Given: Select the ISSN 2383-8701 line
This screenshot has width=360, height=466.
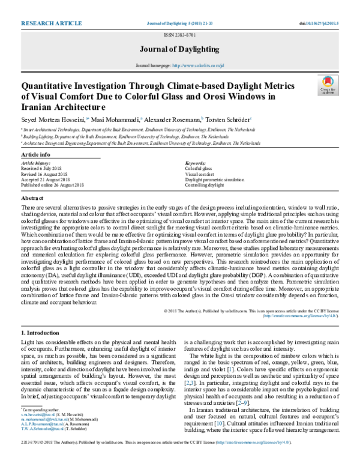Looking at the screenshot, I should tap(179, 36).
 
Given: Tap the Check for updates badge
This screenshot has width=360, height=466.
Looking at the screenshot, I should tap(327, 85).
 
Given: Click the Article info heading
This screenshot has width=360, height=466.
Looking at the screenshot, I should tap(36, 155).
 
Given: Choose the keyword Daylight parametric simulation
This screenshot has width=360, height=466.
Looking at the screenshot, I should tap(214, 180).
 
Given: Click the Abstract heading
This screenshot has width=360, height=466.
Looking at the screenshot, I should tap(33, 198).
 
